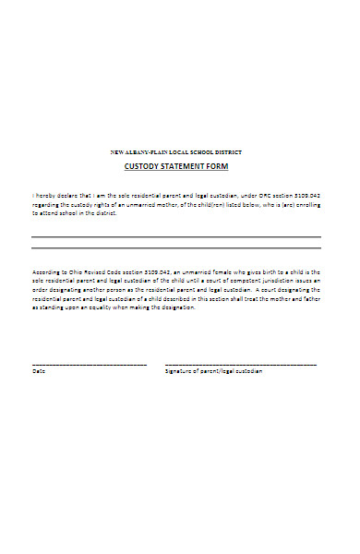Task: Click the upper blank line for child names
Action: [176, 238]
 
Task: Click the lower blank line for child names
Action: [176, 247]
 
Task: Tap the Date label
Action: [38, 371]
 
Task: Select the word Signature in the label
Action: [179, 371]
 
